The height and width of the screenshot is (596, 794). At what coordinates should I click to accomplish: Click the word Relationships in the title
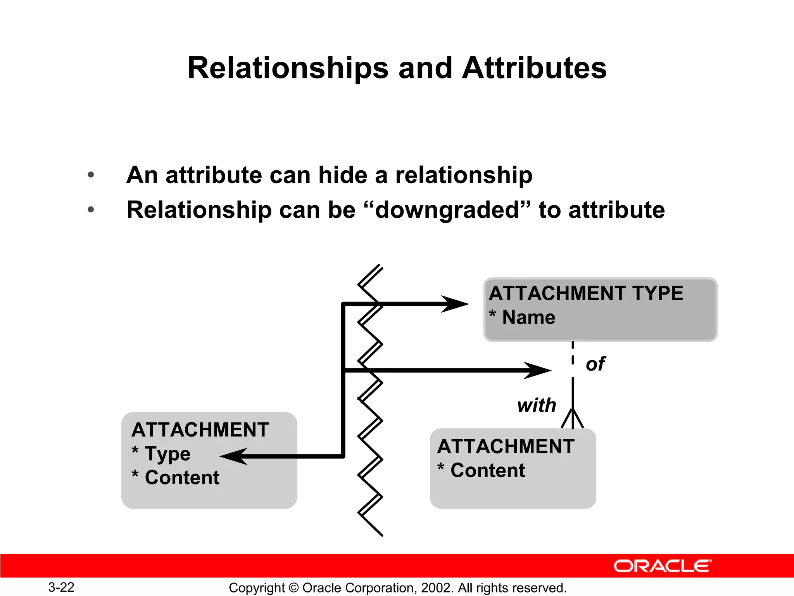288,68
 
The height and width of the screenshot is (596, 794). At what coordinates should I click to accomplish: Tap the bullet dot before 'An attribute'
91,175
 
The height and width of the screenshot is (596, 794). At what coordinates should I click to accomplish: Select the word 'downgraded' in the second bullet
447,210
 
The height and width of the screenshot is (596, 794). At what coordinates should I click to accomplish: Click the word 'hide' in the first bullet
342,175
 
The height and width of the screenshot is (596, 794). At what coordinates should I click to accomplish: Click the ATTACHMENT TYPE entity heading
586,293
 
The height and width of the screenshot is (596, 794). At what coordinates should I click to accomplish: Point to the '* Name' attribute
522,317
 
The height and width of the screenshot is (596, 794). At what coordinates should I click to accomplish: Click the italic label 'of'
595,364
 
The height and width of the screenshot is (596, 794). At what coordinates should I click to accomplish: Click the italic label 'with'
537,405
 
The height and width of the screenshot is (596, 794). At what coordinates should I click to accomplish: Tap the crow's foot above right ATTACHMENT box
572,419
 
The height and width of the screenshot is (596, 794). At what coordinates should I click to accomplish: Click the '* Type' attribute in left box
161,454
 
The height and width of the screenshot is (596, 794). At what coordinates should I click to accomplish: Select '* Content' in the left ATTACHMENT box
176,478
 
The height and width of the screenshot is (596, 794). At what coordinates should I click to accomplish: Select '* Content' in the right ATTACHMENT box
481,471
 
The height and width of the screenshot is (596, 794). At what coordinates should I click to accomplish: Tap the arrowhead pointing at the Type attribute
234,456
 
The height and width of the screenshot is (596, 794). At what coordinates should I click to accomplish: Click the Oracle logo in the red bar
662,566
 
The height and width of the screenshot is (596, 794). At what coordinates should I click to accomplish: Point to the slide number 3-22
61,587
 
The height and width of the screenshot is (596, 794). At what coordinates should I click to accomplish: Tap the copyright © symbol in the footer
293,588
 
